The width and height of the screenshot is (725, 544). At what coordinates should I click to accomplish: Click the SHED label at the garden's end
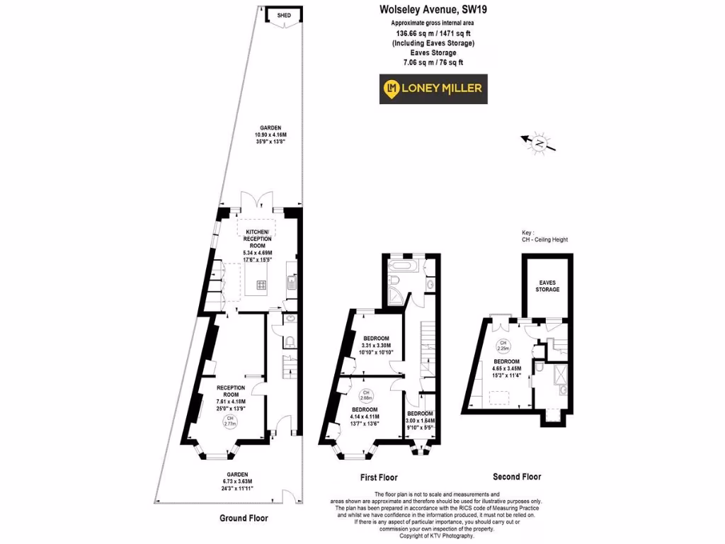tap(283, 13)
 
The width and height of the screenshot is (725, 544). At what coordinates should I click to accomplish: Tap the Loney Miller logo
tap(433, 89)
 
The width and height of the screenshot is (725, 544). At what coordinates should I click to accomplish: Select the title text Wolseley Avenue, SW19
tap(434, 10)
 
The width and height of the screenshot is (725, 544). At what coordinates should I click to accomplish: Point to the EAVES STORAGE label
tap(547, 286)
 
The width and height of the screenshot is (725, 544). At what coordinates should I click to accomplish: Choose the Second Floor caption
tap(517, 477)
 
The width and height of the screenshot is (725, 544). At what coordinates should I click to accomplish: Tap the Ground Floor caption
tap(244, 518)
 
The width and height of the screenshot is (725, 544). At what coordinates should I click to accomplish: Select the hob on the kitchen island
tap(261, 285)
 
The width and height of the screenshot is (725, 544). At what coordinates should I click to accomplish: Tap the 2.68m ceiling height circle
tap(365, 395)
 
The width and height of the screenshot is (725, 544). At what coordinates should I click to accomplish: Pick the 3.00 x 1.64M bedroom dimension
tap(420, 421)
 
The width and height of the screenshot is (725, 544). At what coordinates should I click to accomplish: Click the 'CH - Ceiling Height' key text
tap(544, 239)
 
